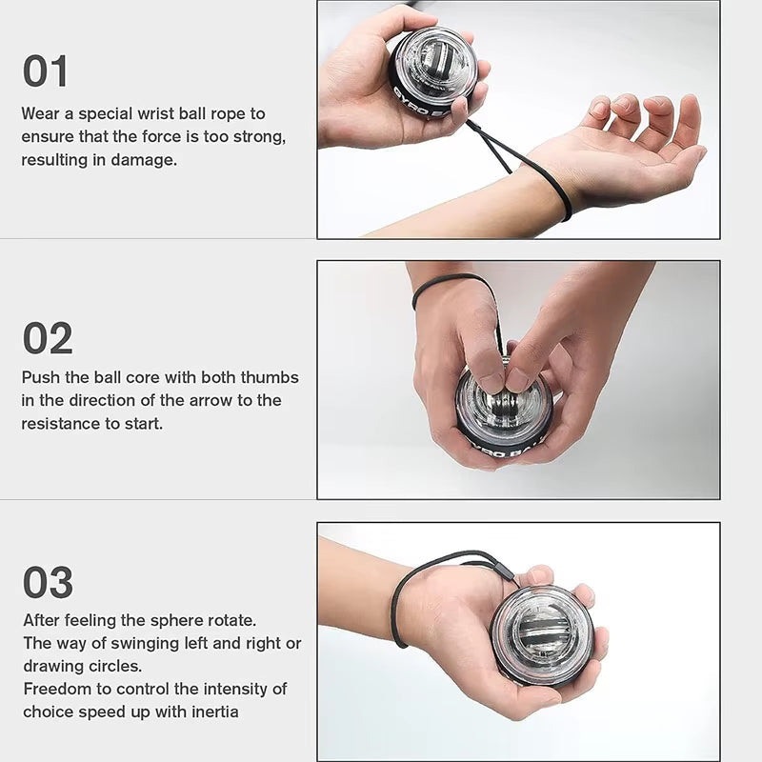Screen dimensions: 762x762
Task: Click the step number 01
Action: click(x=46, y=71)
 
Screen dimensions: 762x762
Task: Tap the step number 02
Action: click(x=48, y=338)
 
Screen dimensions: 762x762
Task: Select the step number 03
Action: click(x=48, y=582)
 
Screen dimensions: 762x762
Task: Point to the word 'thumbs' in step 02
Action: click(x=270, y=377)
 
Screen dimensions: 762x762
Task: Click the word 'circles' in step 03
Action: click(x=116, y=665)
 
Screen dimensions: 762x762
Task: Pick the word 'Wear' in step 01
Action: click(x=41, y=113)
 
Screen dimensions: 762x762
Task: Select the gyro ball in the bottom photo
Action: click(x=542, y=634)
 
